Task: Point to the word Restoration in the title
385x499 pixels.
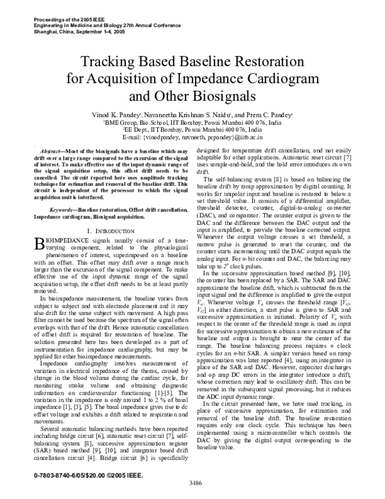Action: [269, 62]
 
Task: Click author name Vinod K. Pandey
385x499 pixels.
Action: [126, 114]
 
